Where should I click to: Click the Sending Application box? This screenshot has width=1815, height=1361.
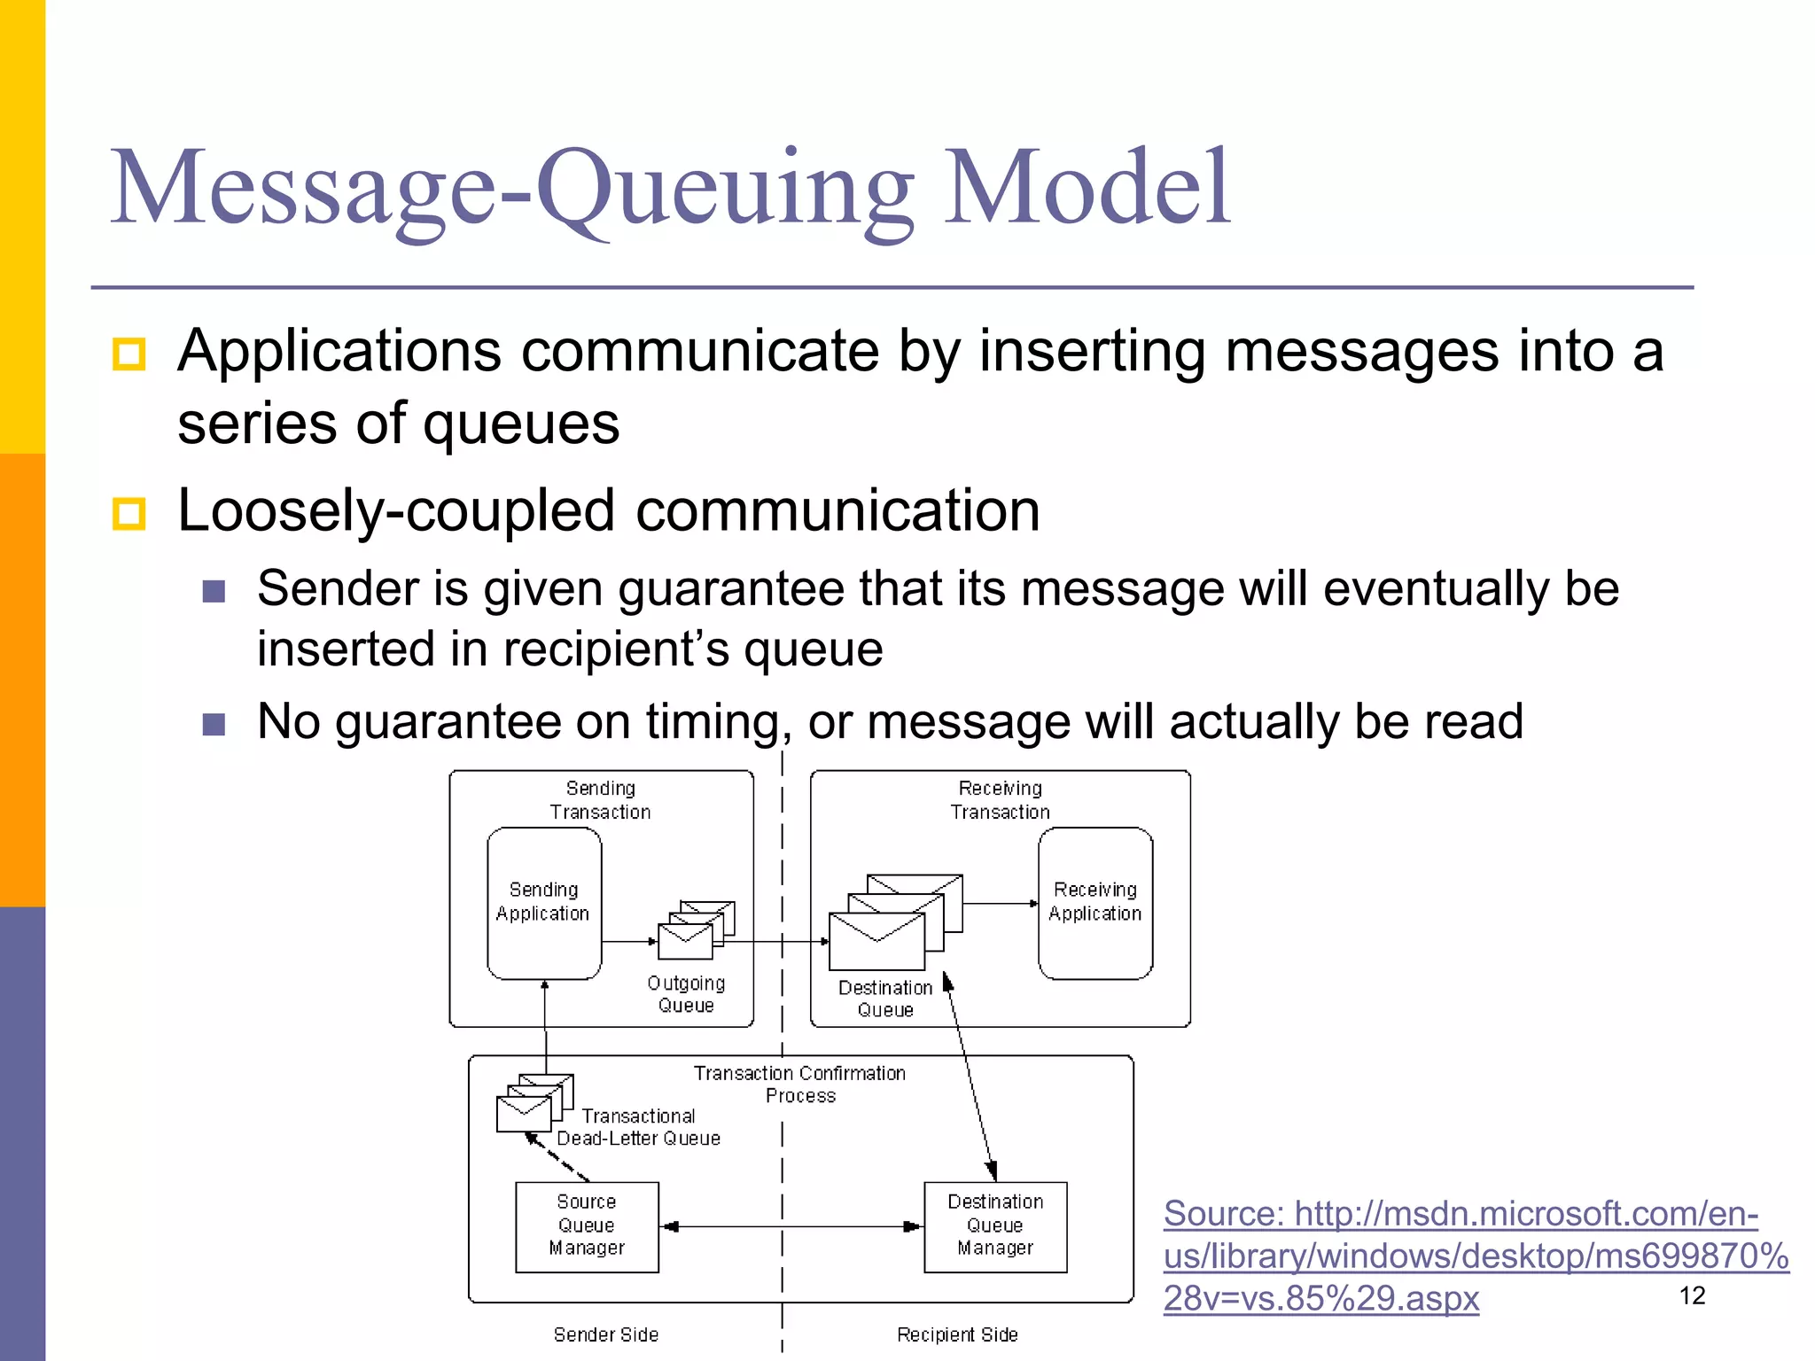[x=544, y=902]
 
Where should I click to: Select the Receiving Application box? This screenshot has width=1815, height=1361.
[x=1095, y=902]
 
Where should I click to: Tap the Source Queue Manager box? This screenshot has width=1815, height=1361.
[x=587, y=1226]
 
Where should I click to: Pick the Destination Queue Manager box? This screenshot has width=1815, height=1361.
[x=995, y=1226]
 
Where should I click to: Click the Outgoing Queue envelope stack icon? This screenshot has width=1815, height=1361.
[x=695, y=931]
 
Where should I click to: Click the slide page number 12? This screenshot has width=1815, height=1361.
[x=1692, y=1295]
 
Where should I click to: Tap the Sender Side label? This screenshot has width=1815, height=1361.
[x=606, y=1334]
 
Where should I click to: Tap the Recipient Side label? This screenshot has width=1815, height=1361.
[x=957, y=1334]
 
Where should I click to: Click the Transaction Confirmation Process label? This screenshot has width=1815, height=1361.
[x=799, y=1085]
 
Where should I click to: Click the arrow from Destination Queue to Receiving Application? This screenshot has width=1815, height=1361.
[x=1000, y=904]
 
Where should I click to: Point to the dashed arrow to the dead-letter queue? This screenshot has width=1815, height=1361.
[x=557, y=1157]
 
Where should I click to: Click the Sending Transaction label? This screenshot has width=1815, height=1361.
[x=600, y=800]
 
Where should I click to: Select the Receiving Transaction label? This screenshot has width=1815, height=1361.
[x=1000, y=800]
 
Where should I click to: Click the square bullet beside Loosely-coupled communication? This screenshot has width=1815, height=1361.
[x=129, y=513]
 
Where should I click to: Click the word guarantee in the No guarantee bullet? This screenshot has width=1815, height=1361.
[x=448, y=721]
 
